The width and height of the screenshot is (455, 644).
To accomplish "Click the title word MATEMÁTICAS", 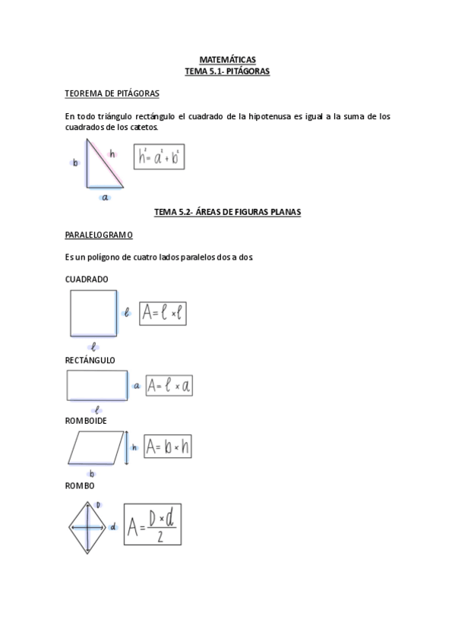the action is click(227, 59).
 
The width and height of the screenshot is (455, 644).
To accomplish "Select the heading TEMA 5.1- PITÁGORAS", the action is click(227, 71).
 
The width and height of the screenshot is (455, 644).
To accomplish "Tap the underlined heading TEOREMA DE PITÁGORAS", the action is click(112, 94).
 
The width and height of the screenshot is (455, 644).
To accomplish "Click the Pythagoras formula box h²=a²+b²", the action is click(160, 157).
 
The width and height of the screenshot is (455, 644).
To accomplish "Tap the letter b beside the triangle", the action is click(75, 162).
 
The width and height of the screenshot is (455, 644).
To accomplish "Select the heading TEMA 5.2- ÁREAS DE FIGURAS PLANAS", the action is click(227, 213).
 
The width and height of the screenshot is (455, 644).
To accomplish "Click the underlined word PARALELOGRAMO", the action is click(99, 235).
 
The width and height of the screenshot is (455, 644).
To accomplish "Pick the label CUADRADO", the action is click(87, 279).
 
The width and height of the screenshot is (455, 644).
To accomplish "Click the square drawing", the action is click(92, 312).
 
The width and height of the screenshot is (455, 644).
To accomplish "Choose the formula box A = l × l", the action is click(163, 312).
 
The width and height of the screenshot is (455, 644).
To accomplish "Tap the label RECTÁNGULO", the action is click(90, 360).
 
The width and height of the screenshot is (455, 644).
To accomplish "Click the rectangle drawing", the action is click(96, 384).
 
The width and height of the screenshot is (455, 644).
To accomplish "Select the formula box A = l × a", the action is click(169, 385).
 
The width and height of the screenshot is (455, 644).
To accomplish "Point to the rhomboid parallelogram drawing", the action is click(95, 447).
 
